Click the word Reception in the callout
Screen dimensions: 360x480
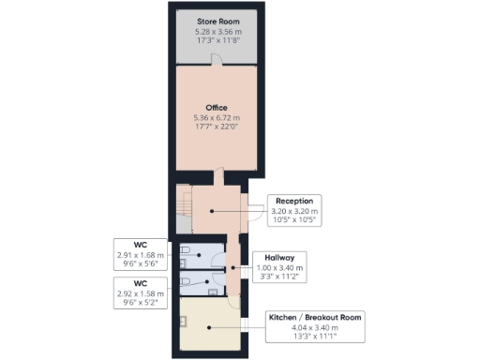pos(295,201)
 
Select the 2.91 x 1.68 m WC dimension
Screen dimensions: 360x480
pos(139,255)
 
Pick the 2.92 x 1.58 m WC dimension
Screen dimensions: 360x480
pos(139,294)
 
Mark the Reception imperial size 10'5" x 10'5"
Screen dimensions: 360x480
pos(295,222)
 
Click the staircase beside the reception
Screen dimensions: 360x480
pos(185,202)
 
